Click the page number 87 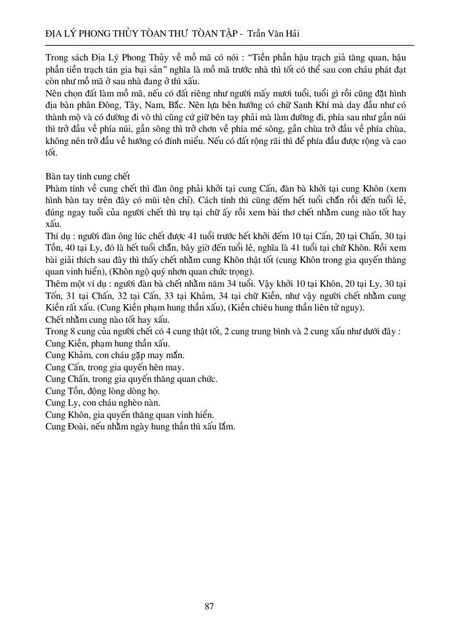pos(209,606)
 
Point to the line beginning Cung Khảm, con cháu pos(115,355)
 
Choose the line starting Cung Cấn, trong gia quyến pos(114,367)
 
